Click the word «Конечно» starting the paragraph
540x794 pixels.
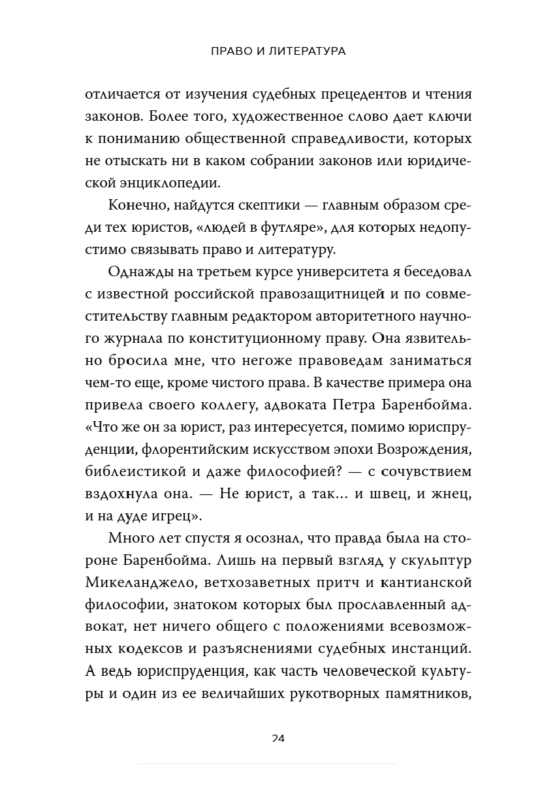pyautogui.click(x=136, y=207)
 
